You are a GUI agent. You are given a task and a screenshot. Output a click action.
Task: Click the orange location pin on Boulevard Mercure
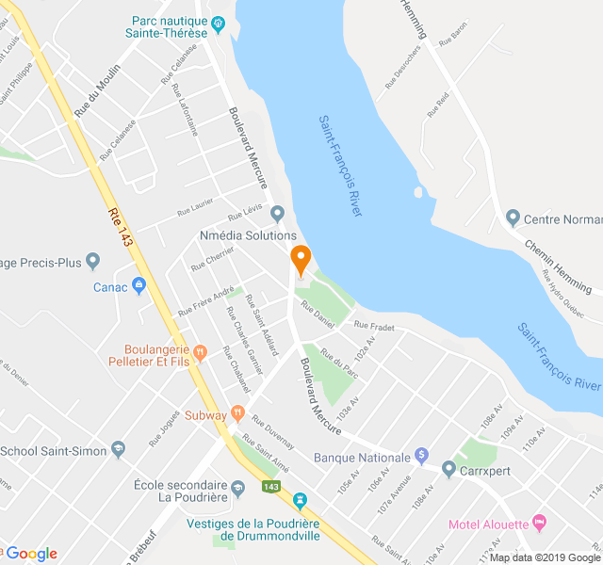click(x=301, y=257)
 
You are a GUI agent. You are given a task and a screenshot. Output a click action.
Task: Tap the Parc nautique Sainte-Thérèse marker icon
click(x=218, y=23)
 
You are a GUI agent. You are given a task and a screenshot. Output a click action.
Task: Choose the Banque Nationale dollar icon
click(x=421, y=456)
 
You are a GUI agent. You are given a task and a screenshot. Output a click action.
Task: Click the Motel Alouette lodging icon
click(x=539, y=523)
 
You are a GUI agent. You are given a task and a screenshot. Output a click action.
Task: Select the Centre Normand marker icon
click(x=513, y=218)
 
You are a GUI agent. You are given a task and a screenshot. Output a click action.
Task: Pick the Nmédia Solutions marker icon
click(x=277, y=213)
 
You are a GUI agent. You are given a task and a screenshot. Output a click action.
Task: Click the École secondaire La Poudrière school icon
click(x=238, y=487)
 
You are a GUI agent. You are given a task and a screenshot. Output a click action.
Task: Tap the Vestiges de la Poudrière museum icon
click(x=301, y=498)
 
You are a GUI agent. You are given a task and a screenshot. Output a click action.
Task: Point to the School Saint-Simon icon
click(x=118, y=449)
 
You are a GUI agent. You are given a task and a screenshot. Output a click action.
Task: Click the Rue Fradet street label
click(x=373, y=326)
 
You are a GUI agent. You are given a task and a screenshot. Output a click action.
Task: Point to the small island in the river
click(x=417, y=192)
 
